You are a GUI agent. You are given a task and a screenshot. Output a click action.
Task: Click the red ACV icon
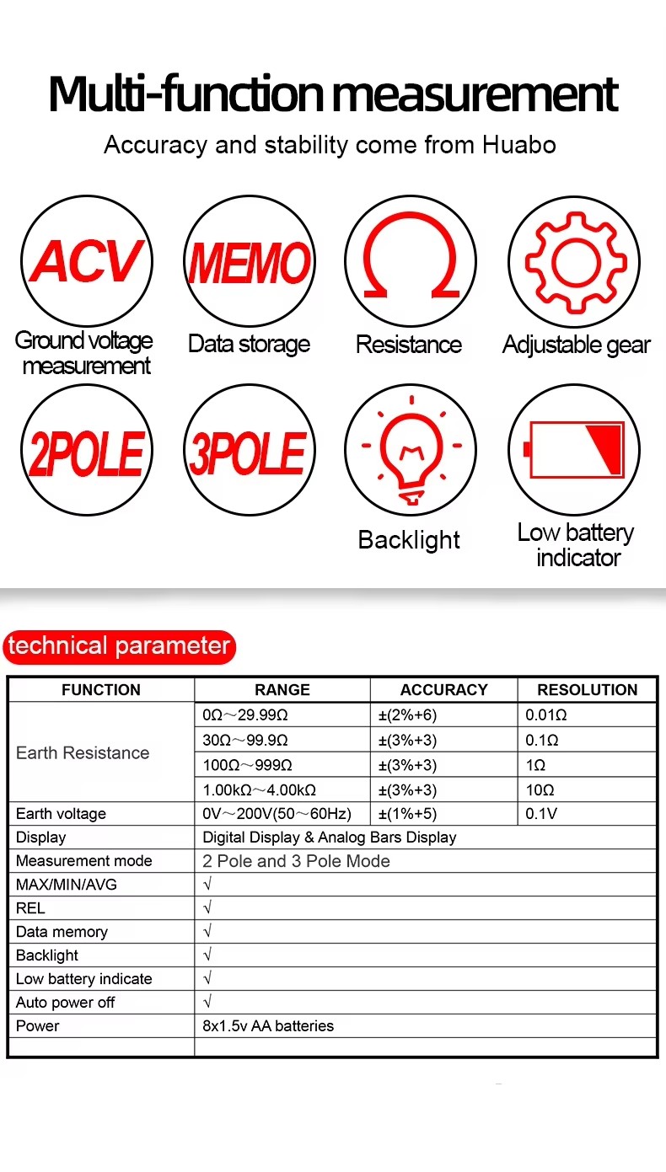[86, 261]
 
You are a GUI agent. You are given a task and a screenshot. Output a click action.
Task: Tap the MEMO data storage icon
[249, 261]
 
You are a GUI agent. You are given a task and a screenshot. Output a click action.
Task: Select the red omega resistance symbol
[411, 261]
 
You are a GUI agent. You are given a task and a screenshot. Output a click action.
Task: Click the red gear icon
[573, 261]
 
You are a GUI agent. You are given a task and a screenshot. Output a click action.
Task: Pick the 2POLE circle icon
[86, 454]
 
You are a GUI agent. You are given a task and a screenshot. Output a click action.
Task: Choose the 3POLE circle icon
[249, 454]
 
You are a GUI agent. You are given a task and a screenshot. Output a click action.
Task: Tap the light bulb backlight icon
[411, 454]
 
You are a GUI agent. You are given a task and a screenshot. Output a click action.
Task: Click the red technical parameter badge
[119, 646]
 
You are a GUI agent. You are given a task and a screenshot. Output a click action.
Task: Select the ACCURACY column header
[443, 690]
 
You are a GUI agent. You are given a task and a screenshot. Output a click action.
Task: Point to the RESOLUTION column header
[587, 690]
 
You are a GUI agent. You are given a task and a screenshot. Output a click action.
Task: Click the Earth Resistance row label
[83, 753]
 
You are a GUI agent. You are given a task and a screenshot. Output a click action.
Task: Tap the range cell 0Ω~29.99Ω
[245, 715]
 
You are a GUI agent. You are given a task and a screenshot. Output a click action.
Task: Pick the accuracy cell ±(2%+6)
[407, 715]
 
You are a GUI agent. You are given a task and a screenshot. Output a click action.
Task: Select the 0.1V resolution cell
[541, 814]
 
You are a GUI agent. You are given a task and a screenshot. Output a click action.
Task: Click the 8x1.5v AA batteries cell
[268, 1026]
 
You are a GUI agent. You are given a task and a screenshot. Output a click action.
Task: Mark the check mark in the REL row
[207, 908]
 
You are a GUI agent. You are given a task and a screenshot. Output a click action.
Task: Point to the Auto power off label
[65, 1003]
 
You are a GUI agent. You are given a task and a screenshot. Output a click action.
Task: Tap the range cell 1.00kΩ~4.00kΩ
[260, 790]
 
